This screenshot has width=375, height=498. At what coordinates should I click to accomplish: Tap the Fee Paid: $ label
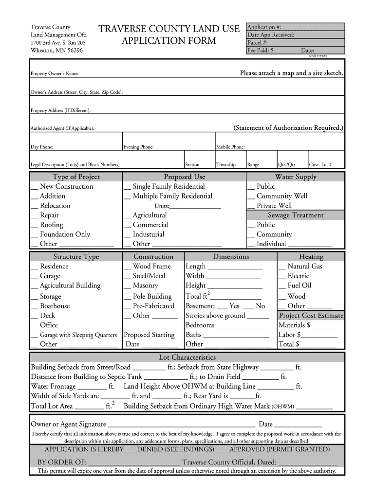261,50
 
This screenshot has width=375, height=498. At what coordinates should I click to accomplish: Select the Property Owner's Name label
55,73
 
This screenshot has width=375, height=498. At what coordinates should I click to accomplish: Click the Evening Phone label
138,147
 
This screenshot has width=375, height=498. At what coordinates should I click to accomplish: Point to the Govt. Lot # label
320,164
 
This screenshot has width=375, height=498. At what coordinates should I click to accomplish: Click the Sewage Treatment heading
296,215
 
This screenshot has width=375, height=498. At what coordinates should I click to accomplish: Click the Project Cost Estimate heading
311,316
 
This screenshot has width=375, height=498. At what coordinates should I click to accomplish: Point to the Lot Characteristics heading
187,357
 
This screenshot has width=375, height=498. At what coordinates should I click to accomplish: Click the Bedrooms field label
200,325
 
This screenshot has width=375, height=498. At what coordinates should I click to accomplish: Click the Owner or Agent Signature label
69,424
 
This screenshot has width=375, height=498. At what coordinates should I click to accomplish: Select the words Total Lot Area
52,406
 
